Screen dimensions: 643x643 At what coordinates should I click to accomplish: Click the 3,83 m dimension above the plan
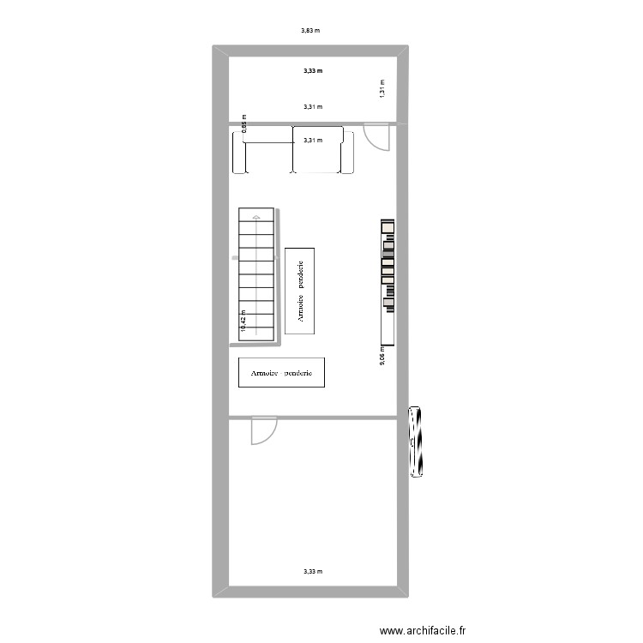(310, 31)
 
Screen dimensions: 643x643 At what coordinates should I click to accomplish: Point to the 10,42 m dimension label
(243, 321)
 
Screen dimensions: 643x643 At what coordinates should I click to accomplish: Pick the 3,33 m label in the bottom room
(313, 571)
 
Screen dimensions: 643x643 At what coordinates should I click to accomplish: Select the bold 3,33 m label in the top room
(313, 71)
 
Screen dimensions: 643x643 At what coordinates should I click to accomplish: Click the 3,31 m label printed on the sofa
(313, 141)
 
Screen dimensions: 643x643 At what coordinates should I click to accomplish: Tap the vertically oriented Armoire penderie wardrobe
(300, 291)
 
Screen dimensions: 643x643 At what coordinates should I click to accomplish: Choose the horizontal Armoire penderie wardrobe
(281, 373)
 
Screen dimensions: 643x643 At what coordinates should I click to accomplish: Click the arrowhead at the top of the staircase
(256, 217)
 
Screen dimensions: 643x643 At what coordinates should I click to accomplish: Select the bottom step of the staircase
(256, 335)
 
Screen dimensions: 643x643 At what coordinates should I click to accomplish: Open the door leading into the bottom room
(261, 431)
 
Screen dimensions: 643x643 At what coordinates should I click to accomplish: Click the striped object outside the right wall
(418, 442)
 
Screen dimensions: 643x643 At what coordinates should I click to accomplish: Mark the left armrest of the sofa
(238, 151)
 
